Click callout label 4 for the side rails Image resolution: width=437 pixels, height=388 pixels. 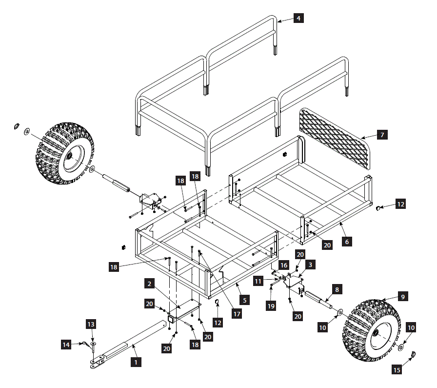point(298,19)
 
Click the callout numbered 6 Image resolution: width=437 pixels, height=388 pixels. point(346,241)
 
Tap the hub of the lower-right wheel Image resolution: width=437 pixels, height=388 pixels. point(377,332)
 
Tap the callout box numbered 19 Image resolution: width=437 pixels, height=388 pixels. point(272,306)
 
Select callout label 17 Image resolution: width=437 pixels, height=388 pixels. point(237,314)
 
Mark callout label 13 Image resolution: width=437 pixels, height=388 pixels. point(91,324)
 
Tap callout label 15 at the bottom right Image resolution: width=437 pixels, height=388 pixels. point(397,370)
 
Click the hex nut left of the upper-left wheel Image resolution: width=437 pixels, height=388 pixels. point(16,126)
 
